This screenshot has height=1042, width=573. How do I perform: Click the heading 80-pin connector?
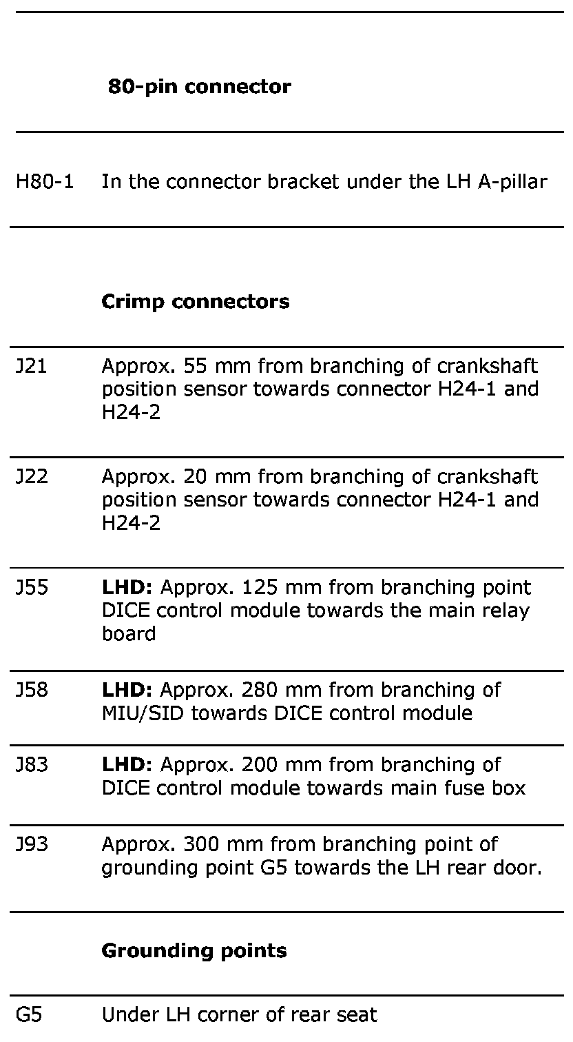[x=200, y=87]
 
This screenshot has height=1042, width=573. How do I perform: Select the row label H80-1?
[x=45, y=182]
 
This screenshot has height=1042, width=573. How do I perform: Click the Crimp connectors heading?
[x=196, y=302]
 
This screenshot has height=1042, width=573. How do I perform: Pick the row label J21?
[x=32, y=365]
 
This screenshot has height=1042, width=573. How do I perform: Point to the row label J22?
[x=32, y=476]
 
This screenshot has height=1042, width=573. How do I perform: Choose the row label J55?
[x=32, y=587]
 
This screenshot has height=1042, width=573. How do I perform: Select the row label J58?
[x=32, y=689]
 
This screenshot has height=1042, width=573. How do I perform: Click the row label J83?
[x=32, y=764]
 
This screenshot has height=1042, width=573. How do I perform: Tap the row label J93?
[x=32, y=844]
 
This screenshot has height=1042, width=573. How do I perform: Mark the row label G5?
[x=28, y=1014]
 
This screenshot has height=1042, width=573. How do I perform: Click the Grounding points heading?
[x=194, y=951]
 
